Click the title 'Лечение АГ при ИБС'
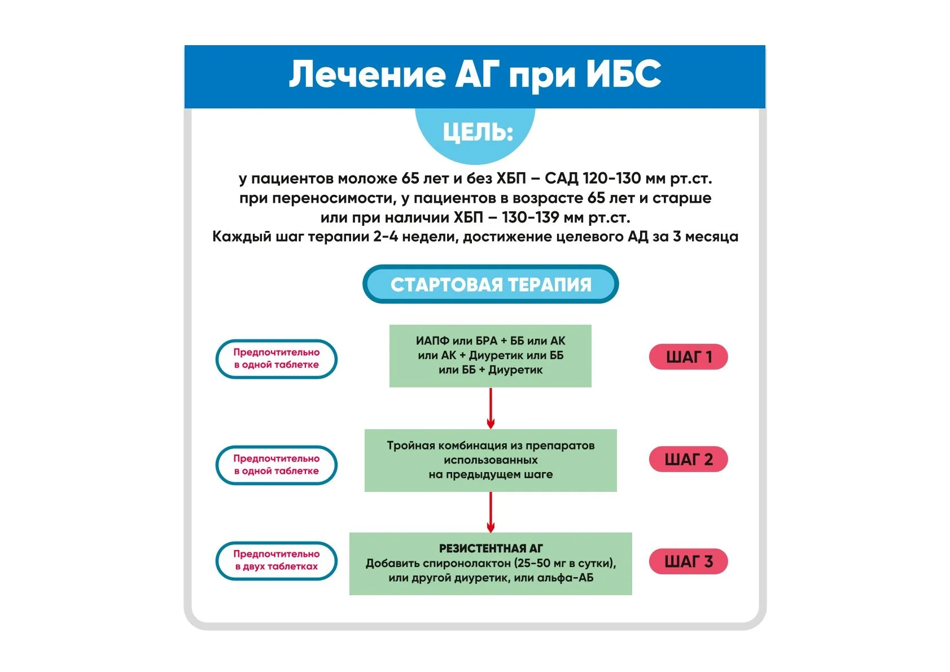[475, 75]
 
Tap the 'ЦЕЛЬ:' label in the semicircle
[478, 133]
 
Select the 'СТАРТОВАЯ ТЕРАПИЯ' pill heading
[491, 285]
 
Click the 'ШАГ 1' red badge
[688, 357]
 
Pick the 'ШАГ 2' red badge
[688, 460]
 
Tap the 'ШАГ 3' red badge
[688, 562]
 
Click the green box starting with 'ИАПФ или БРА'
[490, 356]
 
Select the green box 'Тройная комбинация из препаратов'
[490, 460]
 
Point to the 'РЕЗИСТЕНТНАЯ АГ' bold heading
[491, 548]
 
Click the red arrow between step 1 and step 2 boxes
[491, 408]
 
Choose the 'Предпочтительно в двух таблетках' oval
[276, 561]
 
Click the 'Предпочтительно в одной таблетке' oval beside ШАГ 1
[276, 359]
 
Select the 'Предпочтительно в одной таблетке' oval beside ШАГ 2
[276, 465]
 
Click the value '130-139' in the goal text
[530, 217]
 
